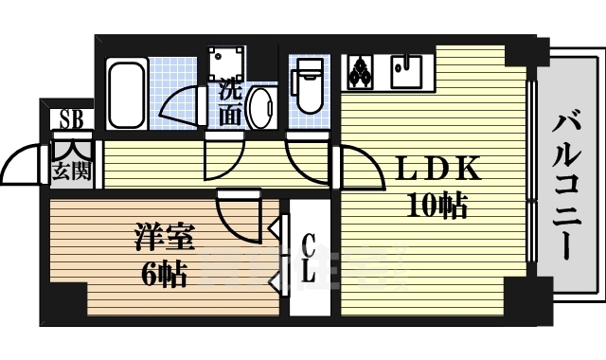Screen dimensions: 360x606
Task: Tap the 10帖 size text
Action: tap(437, 205)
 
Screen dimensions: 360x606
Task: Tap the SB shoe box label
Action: tap(70, 119)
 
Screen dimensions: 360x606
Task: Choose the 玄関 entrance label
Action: tap(70, 171)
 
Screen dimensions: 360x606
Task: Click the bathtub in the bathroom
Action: tap(126, 96)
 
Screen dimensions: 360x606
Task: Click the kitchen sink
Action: tap(408, 70)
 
